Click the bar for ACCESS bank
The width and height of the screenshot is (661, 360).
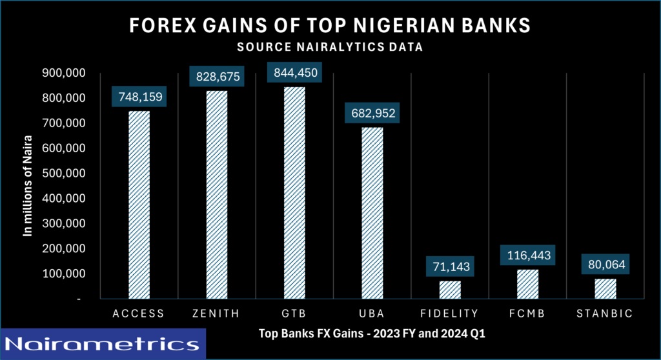coord(139,205)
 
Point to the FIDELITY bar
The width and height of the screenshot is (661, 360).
coord(451,290)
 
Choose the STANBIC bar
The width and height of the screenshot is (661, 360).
coord(605,288)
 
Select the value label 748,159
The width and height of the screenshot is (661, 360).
coord(140,97)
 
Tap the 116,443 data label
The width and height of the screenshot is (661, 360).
coord(527,256)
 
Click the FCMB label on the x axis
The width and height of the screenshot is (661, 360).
coord(527,314)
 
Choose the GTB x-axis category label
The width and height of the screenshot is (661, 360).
coord(295,314)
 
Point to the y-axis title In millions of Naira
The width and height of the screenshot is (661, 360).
coord(28,186)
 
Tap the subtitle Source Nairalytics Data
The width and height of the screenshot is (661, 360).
coord(330,46)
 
